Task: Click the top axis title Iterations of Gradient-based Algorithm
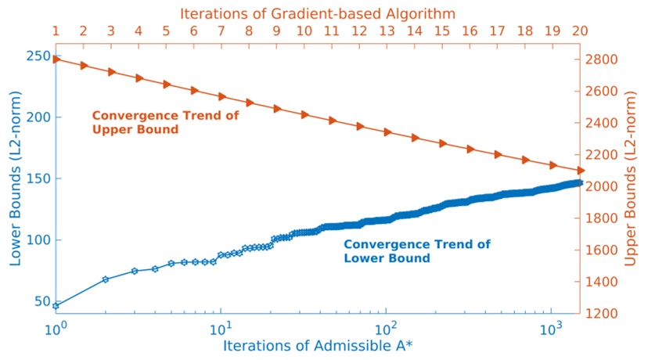[x=318, y=13]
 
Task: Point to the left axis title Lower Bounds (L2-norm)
[x=15, y=178]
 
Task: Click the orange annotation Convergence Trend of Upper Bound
[x=165, y=122]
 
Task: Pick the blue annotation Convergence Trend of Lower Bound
[x=417, y=251]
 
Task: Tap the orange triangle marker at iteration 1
[x=56, y=59]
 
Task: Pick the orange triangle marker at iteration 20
[x=581, y=170]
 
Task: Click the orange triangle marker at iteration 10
[x=304, y=114]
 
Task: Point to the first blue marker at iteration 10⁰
[x=56, y=305]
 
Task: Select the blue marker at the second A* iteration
[x=106, y=279]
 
